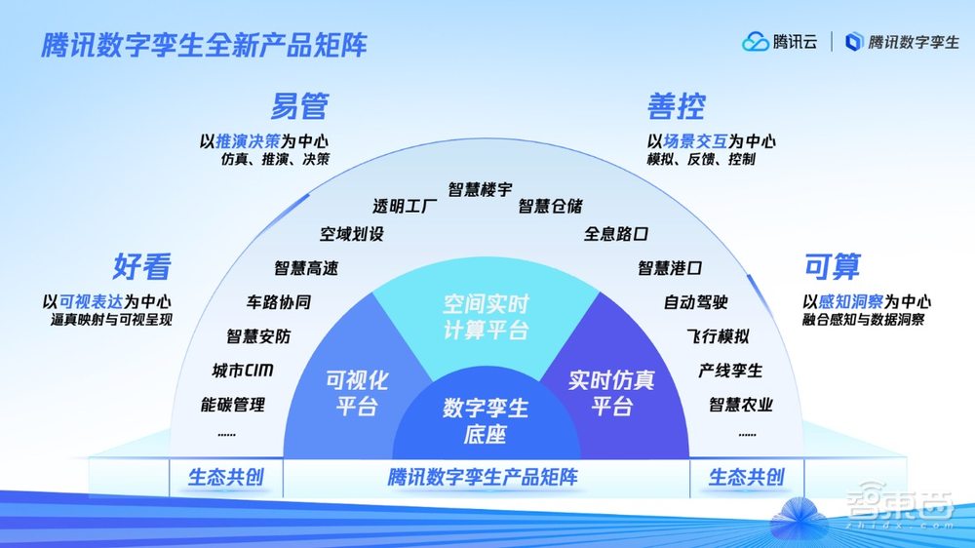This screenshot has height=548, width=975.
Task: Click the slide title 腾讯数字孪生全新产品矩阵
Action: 204,46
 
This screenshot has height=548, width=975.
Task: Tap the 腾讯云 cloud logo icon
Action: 756,42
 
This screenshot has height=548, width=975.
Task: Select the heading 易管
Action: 298,105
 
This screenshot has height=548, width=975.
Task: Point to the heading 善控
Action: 676,105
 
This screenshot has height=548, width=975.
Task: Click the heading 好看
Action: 142,265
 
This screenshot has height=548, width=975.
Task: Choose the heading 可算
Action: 832,265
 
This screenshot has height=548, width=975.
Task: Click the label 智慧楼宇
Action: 480,189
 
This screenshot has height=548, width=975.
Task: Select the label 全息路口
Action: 616,234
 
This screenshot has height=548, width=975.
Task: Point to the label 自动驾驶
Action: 695,302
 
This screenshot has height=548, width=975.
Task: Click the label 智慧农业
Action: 741,404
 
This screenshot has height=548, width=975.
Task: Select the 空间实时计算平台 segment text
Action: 486,318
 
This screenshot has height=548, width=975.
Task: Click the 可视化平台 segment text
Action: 356,393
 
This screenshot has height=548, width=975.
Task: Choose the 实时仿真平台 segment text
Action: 611,393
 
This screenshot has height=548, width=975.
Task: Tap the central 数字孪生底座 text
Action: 485,420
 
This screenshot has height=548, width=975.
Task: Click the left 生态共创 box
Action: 225,477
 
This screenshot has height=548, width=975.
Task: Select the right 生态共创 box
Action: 746,477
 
